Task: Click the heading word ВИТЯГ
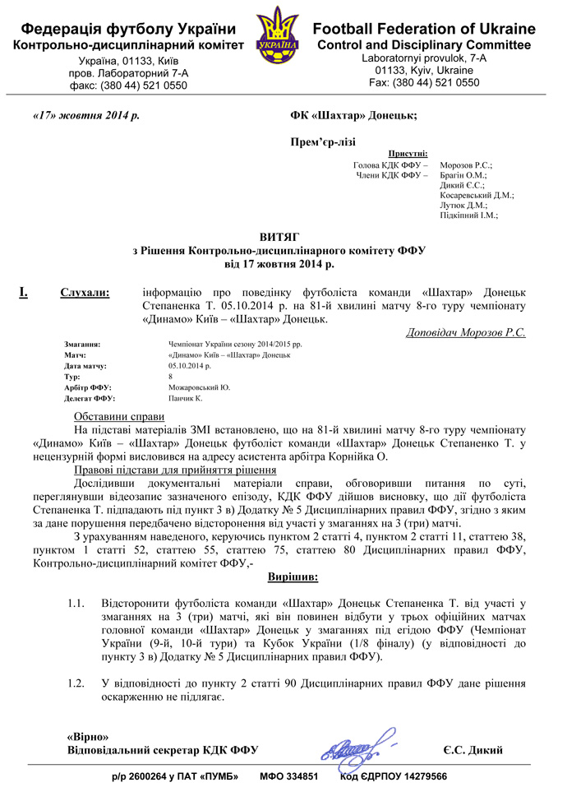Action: pyautogui.click(x=283, y=236)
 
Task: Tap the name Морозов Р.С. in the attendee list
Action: pyautogui.click(x=466, y=165)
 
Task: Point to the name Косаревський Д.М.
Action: pyautogui.click(x=477, y=195)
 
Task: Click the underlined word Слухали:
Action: pyautogui.click(x=89, y=293)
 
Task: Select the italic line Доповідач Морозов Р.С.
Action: pyautogui.click(x=465, y=333)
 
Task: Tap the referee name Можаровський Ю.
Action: pyautogui.click(x=199, y=387)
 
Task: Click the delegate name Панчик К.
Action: pyautogui.click(x=185, y=398)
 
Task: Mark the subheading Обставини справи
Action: pyautogui.click(x=120, y=416)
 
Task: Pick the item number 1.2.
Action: pyautogui.click(x=76, y=684)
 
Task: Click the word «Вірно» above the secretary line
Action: pyautogui.click(x=87, y=736)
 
